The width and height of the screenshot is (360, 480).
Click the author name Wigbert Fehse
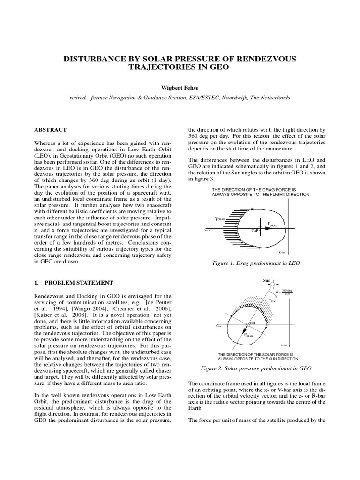(x=180, y=87)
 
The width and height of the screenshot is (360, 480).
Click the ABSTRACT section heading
(x=50, y=130)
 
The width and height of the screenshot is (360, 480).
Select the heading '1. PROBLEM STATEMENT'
(x=73, y=283)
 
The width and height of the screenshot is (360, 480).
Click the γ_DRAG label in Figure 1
(x=220, y=218)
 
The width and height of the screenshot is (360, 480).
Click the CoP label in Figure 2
(x=249, y=323)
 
